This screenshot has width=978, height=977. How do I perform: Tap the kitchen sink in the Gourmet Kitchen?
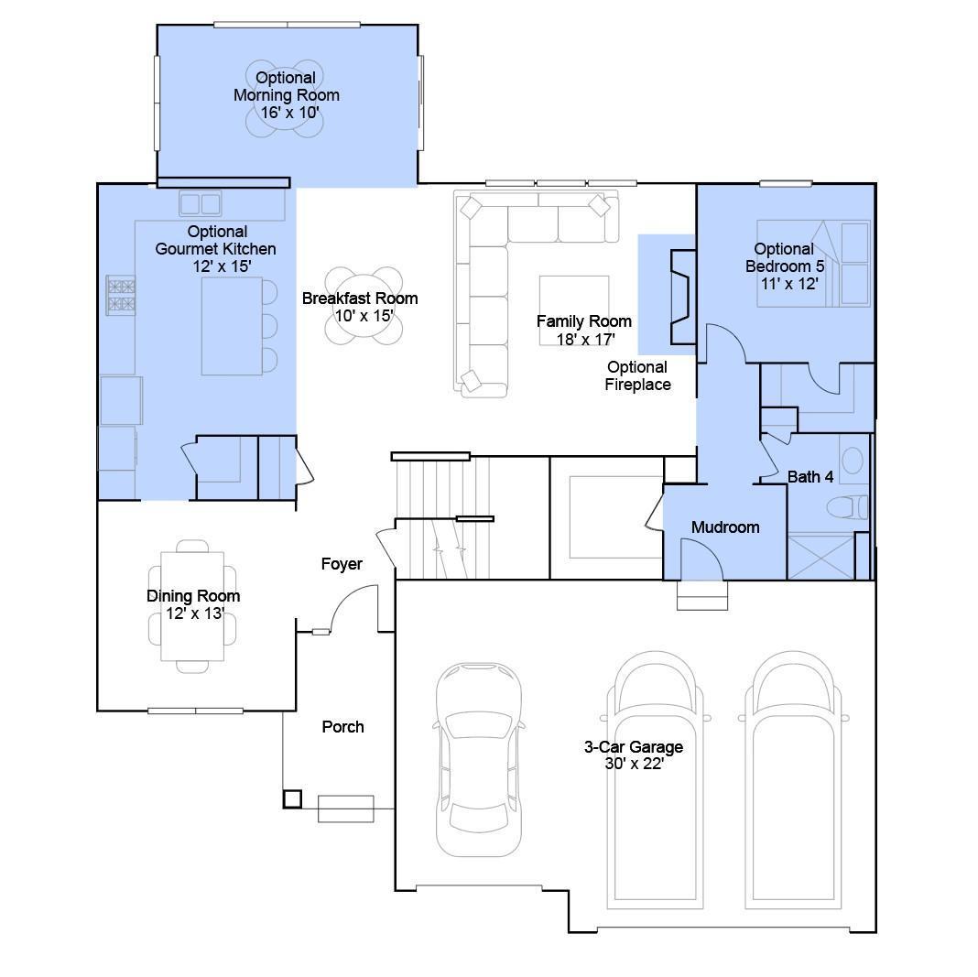(x=201, y=203)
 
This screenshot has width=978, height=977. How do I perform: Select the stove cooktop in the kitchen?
(x=121, y=295)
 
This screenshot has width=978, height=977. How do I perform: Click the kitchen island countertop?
(x=232, y=326)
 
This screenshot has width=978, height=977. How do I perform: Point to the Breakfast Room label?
(x=360, y=298)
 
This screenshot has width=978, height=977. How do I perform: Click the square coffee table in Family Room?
(x=574, y=310)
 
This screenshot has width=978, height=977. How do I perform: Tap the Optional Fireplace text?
(x=637, y=376)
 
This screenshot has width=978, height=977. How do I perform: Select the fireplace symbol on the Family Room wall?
(x=682, y=297)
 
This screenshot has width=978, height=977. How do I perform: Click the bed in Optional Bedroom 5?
(x=813, y=263)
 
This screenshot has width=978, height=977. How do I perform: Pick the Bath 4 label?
(x=810, y=477)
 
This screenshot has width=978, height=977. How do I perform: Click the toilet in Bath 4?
(x=847, y=507)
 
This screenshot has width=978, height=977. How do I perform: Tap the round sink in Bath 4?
(x=853, y=461)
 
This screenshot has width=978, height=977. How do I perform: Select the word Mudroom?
(x=725, y=527)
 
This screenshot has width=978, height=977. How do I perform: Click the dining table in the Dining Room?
(x=192, y=606)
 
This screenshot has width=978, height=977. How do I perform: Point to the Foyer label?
(x=342, y=564)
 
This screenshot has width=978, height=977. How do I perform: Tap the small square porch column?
(x=292, y=798)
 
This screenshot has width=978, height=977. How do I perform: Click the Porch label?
(x=342, y=727)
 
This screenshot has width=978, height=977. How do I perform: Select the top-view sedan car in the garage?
(x=478, y=759)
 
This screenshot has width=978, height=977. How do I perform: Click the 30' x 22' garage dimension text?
(x=634, y=764)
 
